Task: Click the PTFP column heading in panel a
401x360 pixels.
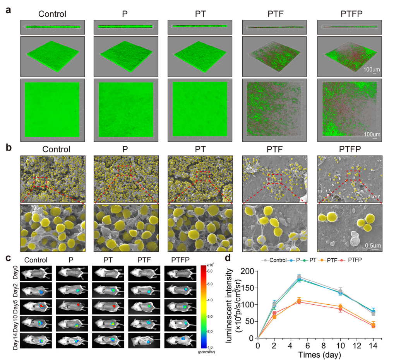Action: (350, 14)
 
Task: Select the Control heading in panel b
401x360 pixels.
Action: (57, 149)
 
